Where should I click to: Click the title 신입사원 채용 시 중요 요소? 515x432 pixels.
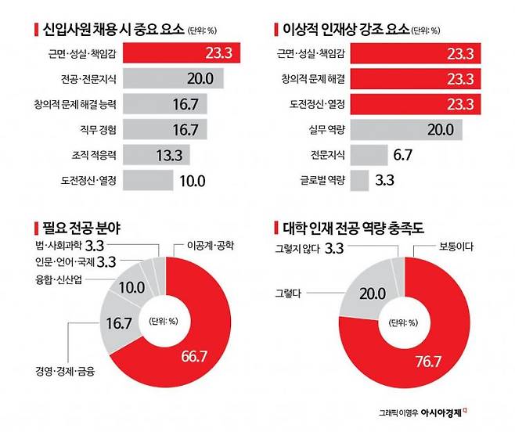point(110,31)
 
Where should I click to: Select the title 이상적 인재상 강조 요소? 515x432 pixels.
point(344,31)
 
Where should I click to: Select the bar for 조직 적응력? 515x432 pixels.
point(153,154)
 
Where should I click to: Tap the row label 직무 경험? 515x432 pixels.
point(99,129)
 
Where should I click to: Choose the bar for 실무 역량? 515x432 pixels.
point(399,129)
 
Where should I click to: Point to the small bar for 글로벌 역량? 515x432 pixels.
point(359,180)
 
